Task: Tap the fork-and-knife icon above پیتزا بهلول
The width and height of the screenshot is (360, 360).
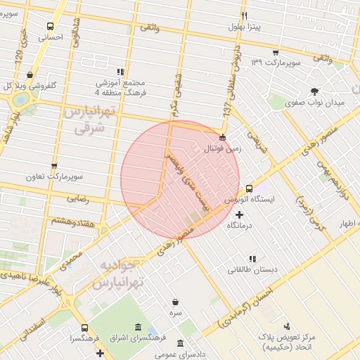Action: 245,15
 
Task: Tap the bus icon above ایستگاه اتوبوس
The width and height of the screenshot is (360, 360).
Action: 250,188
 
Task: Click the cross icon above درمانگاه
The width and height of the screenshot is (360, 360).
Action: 239,214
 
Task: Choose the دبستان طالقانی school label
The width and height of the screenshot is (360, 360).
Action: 252,269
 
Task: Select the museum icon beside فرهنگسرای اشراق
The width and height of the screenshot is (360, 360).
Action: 137,328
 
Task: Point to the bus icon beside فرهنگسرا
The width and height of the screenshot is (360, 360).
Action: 84,328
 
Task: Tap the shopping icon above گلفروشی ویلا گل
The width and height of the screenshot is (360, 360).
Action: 30,74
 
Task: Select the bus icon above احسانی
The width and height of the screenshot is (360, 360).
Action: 49,26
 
